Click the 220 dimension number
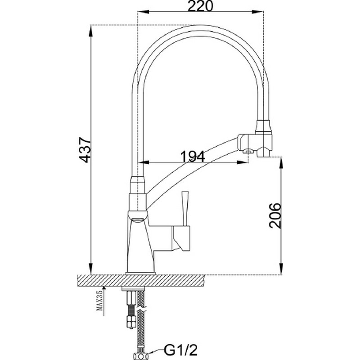[x=200, y=6]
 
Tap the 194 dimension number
[x=193, y=156]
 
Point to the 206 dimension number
[x=275, y=216]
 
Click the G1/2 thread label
[x=180, y=351]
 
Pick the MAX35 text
[x=99, y=300]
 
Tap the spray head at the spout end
[x=255, y=145]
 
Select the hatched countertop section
[x=141, y=280]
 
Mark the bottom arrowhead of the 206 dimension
[x=280, y=269]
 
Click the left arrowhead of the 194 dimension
[x=144, y=162]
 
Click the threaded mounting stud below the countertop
[x=130, y=308]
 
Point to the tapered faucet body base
[x=141, y=246]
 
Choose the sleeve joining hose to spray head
[x=264, y=126]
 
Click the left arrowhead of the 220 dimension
[x=143, y=12]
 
